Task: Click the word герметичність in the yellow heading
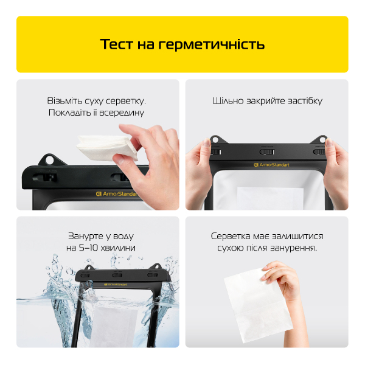(211, 45)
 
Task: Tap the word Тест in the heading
(116, 44)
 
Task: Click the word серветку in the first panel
(126, 101)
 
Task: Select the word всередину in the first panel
(122, 113)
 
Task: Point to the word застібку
(305, 101)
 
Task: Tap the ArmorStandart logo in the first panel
(116, 193)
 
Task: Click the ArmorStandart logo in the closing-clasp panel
(271, 165)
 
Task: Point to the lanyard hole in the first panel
(49, 160)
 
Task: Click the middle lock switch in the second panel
(267, 152)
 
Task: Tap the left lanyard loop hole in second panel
(215, 140)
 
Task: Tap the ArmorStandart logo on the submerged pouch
(116, 285)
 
